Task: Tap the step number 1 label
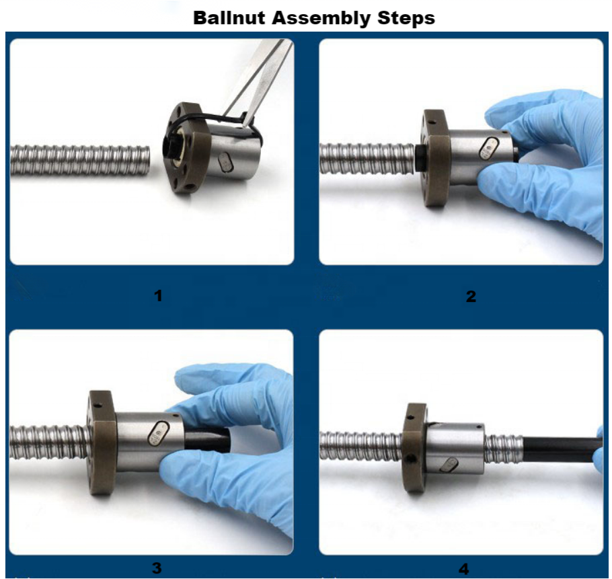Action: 158,295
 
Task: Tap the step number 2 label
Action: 471,296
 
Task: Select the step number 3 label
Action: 156,568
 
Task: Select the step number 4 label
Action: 464,570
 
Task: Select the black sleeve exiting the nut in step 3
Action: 212,440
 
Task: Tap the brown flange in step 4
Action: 413,447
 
